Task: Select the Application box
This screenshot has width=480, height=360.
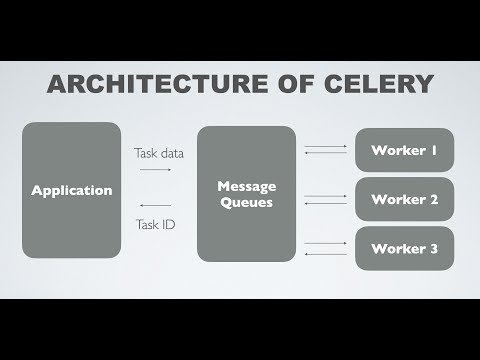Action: (x=72, y=190)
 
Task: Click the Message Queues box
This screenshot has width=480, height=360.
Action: (x=247, y=193)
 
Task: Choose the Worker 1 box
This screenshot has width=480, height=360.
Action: (x=404, y=150)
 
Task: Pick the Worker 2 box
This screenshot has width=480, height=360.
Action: (x=404, y=199)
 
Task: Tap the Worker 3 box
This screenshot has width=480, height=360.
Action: (x=404, y=248)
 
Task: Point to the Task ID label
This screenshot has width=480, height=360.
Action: (x=155, y=224)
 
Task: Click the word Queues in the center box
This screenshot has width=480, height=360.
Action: (x=247, y=203)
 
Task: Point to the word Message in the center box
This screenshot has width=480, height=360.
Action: (x=247, y=185)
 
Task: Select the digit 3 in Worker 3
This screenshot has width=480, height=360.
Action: (x=435, y=248)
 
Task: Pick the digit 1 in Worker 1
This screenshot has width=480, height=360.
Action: (x=435, y=150)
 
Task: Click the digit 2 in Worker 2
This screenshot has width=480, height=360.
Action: (x=435, y=199)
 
